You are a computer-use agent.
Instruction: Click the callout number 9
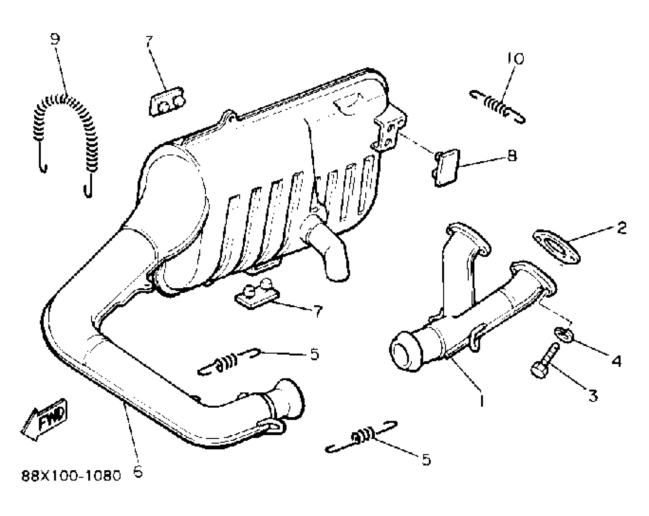[x=55, y=39]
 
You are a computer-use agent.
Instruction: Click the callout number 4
[x=616, y=361]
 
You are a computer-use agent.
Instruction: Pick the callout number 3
[x=593, y=395]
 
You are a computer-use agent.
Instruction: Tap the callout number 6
[x=138, y=472]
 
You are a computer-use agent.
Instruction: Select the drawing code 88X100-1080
[x=71, y=476]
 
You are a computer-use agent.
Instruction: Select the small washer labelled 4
[x=564, y=334]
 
